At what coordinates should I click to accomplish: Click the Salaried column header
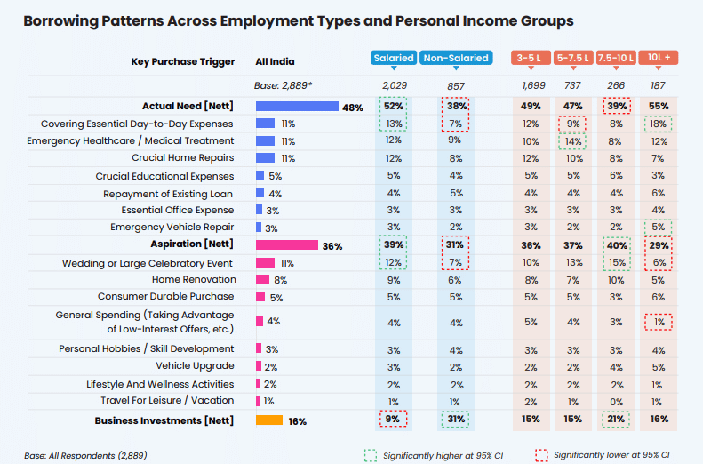click(x=394, y=58)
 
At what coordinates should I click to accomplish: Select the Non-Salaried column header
click(x=455, y=58)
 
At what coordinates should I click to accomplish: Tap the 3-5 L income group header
click(x=531, y=58)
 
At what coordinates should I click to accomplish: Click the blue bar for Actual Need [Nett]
click(x=297, y=107)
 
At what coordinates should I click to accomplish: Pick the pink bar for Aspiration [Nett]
click(x=286, y=245)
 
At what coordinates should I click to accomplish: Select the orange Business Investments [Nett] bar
click(x=269, y=420)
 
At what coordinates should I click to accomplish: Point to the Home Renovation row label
click(x=193, y=280)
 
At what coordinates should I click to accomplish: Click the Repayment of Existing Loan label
click(x=169, y=193)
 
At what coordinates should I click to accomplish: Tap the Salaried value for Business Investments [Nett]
click(x=393, y=420)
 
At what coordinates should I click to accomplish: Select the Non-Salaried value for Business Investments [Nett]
click(x=455, y=420)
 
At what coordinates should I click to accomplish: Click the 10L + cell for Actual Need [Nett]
click(x=659, y=106)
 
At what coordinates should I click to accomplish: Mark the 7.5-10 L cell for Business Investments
click(x=615, y=420)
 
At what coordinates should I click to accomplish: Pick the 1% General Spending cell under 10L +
click(x=659, y=322)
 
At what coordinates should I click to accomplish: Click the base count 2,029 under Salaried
click(x=394, y=85)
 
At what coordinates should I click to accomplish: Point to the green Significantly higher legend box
click(x=370, y=454)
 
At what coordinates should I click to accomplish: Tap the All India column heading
click(x=275, y=61)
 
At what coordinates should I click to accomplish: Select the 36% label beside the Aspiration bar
click(x=332, y=246)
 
